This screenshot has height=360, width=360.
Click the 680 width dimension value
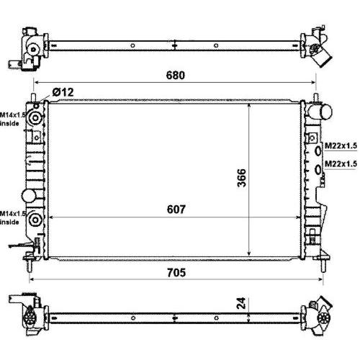coord(176,75)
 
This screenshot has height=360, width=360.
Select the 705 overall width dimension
coord(176,273)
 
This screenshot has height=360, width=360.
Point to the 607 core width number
coord(176,210)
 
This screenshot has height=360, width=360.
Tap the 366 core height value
coord(242,178)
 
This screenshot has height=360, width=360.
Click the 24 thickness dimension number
coord(241,303)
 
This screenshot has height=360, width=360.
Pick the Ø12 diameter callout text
coord(63,92)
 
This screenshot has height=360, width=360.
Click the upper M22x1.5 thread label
coord(341,145)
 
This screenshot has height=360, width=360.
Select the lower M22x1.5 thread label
coord(341,163)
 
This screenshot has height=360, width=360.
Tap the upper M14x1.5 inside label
coord(12,119)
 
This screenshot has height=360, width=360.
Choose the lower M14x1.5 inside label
coord(12,217)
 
